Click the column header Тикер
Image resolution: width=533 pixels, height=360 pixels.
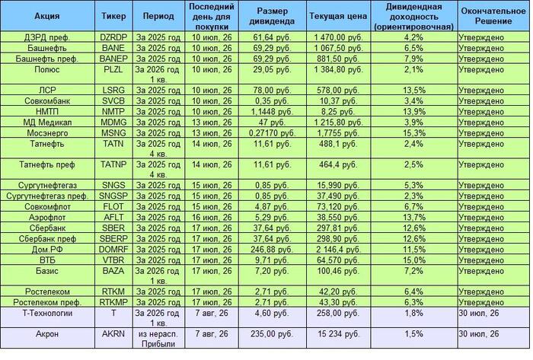[113, 16]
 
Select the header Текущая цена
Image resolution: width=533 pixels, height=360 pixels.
[338, 16]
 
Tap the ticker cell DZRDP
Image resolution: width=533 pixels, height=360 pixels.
[113, 37]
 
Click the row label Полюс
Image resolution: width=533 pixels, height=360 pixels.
[47, 69]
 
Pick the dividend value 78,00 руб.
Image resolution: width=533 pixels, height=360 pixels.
[272, 91]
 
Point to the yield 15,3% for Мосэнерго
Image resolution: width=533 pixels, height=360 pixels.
[414, 133]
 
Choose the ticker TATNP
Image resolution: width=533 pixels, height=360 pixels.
[113, 164]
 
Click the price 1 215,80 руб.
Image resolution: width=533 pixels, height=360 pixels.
[338, 123]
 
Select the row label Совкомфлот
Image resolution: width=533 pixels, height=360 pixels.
[47, 207]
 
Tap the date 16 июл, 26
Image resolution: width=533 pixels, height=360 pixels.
[212, 218]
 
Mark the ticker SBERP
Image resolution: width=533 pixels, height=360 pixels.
[113, 239]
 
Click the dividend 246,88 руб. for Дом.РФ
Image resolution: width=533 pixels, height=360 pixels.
[272, 250]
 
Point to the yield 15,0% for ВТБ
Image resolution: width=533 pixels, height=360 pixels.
[414, 260]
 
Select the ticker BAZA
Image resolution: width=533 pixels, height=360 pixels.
[113, 271]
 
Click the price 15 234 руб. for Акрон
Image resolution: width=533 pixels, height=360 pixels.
[338, 334]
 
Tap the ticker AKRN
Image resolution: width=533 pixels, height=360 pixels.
[113, 334]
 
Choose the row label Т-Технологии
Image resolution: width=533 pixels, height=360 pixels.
[47, 313]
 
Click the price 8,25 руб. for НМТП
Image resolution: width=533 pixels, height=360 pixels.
[338, 112]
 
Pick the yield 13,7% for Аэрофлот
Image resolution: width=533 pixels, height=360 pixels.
[414, 218]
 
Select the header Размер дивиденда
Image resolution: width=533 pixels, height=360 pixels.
[272, 16]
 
